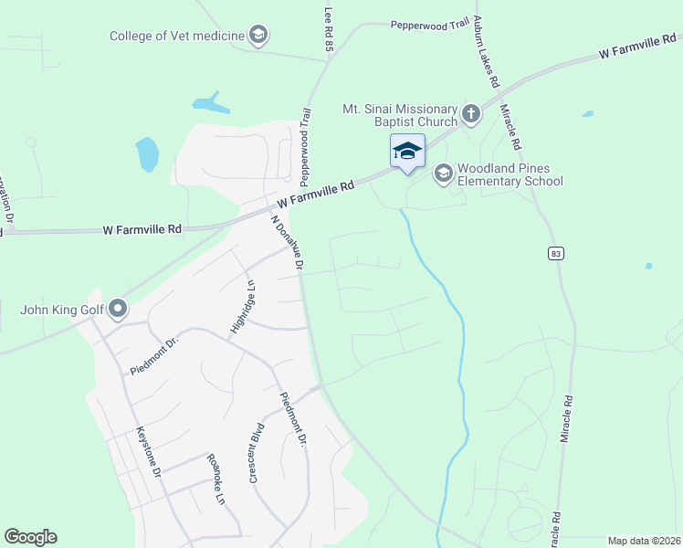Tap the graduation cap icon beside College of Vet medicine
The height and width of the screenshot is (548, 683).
pos(258,37)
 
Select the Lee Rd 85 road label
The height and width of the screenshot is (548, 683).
pos(330,29)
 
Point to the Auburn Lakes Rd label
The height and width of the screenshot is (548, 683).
pos(486,55)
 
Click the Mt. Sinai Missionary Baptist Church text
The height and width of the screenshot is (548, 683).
pos(399,115)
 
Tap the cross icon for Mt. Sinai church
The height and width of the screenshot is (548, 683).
pos(470,114)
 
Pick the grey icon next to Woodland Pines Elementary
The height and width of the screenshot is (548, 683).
pos(444,174)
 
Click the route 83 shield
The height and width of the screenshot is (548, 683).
pos(555,253)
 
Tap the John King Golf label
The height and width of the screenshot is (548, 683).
pos(59,310)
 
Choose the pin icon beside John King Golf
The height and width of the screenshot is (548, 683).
pos(118,310)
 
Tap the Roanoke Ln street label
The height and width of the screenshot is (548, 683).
pos(215,479)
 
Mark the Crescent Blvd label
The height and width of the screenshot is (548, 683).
pos(257,452)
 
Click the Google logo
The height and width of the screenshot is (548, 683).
pos(30,537)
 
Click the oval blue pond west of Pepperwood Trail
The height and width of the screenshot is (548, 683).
pos(147,154)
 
